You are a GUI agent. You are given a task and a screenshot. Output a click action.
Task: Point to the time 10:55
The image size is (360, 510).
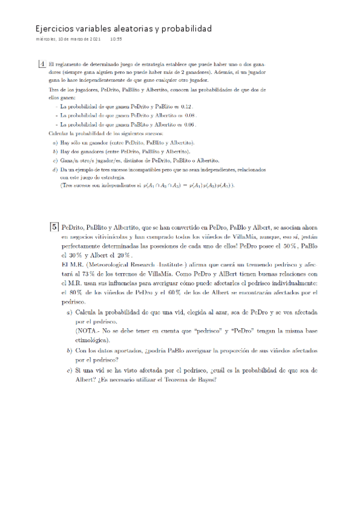[116, 39]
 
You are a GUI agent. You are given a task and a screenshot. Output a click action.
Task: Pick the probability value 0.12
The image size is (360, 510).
[186, 106]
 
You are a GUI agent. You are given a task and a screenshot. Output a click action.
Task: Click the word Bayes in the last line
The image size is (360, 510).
[203, 379]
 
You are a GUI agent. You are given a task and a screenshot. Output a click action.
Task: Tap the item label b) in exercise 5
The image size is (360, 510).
[69, 350]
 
